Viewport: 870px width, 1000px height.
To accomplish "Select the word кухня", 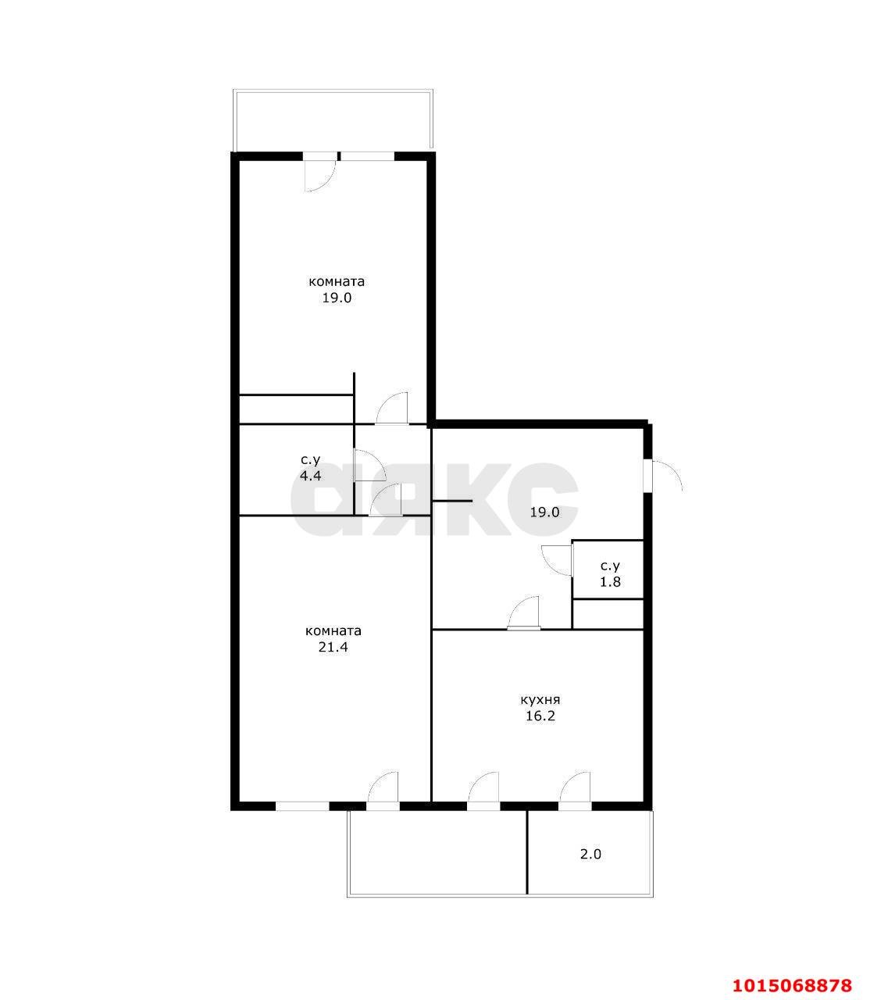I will click(540, 700).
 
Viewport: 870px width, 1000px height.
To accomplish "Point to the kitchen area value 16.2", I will click(540, 716).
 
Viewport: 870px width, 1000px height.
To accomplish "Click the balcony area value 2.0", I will click(590, 854).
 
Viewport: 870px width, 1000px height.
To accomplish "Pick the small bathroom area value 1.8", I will click(610, 582).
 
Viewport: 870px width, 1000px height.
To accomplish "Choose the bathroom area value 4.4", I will click(311, 475).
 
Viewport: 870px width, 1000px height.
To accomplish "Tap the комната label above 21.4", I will click(333, 631).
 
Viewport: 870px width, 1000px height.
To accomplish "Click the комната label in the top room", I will click(337, 281).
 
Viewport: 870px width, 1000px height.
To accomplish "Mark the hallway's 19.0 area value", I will click(544, 512).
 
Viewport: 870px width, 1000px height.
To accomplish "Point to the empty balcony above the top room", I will click(332, 120).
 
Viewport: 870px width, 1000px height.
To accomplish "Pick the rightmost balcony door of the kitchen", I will click(575, 789).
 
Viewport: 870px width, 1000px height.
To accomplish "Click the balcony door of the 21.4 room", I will click(383, 789).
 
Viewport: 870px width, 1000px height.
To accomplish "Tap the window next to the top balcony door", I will click(367, 156).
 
